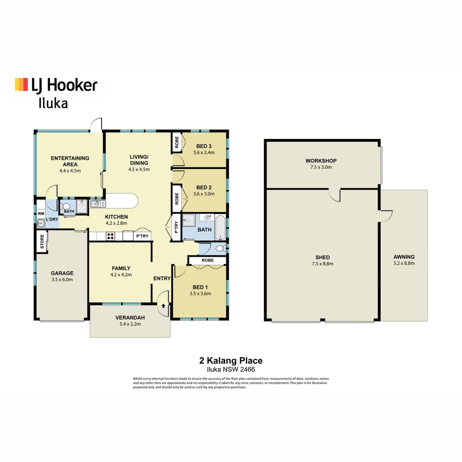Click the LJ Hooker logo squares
(21, 84)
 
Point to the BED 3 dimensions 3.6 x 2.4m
(204, 152)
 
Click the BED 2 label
(204, 187)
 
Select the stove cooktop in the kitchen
(110, 236)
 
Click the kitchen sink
(95, 204)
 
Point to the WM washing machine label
(41, 213)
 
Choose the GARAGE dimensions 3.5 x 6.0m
(62, 280)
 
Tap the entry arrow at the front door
(163, 306)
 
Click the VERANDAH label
(130, 318)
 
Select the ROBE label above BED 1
(207, 260)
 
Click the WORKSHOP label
(321, 161)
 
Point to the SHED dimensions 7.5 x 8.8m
(323, 264)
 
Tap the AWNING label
(404, 257)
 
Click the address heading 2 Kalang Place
(231, 361)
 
